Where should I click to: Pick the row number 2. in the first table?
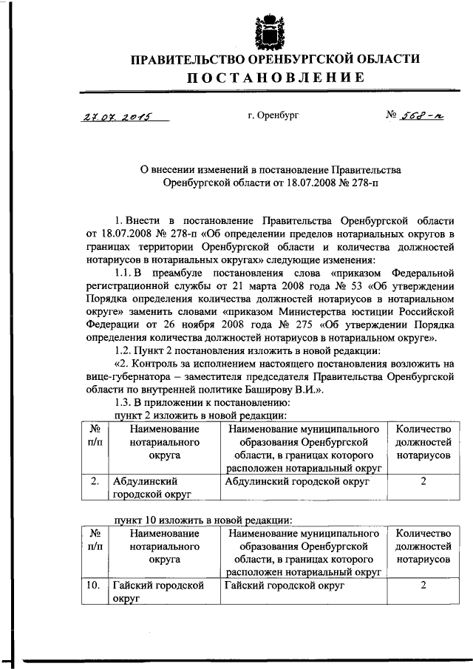[95, 481]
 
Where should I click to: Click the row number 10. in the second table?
[93, 585]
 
